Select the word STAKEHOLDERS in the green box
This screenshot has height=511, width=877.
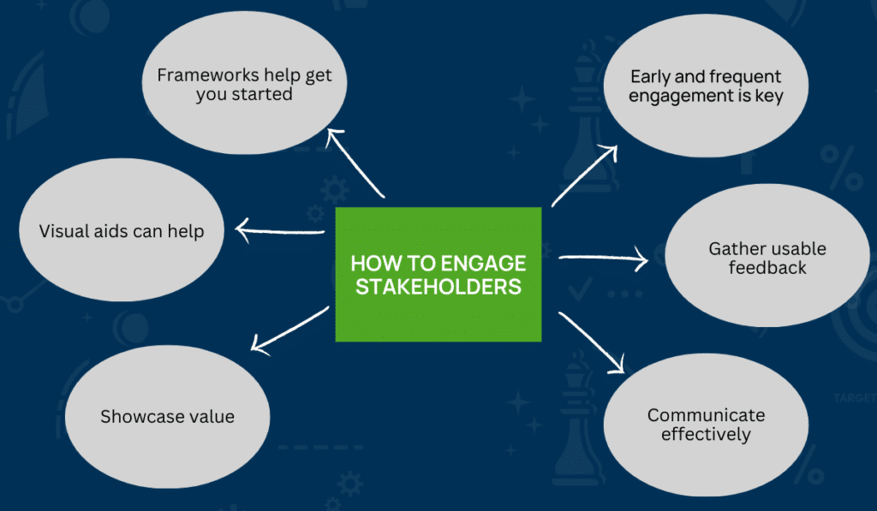tap(438, 286)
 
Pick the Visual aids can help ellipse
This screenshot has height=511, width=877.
tap(121, 232)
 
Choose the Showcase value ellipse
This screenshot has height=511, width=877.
tap(167, 416)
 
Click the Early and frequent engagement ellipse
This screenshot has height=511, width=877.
tap(706, 86)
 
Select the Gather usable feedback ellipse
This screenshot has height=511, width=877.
tap(767, 258)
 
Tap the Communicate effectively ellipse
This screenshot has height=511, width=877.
tap(706, 425)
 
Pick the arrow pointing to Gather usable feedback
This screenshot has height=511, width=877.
tap(603, 258)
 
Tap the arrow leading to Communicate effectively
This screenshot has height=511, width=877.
tap(591, 342)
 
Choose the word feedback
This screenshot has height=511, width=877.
tap(767, 268)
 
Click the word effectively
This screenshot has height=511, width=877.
tap(706, 435)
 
